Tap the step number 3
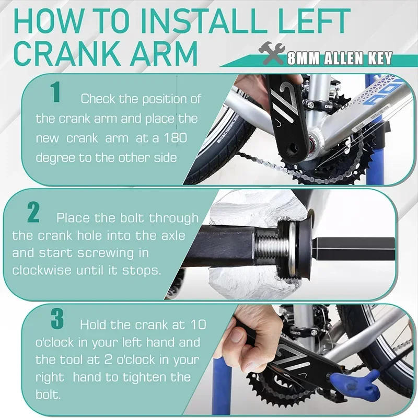click(x=57, y=320)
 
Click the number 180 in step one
click(x=187, y=138)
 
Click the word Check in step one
click(x=97, y=98)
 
